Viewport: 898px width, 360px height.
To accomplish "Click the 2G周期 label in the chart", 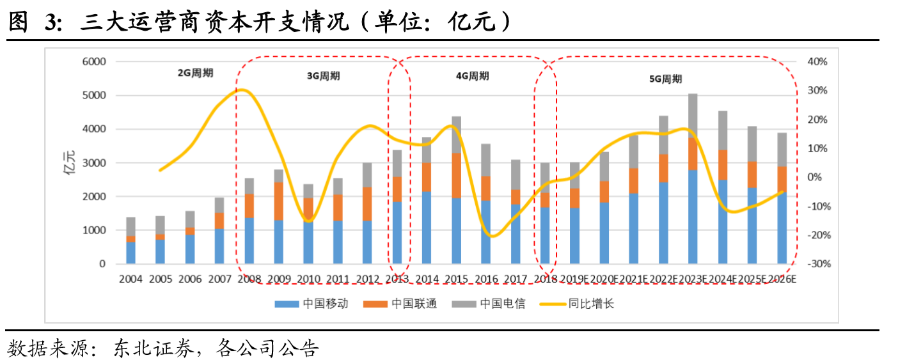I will [x=195, y=73].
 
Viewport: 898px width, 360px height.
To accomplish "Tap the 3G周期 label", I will [x=323, y=76].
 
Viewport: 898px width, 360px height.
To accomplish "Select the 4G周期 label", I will [x=472, y=76].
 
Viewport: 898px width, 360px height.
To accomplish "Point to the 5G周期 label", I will [x=665, y=79].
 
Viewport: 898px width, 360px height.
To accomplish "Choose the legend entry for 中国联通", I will [x=414, y=304].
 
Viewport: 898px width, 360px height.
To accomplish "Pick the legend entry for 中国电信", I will [x=502, y=304].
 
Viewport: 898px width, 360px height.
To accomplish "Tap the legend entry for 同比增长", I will [x=590, y=304].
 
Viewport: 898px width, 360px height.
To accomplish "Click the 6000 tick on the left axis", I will [x=93, y=62].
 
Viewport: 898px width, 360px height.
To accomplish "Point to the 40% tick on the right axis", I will [x=817, y=62].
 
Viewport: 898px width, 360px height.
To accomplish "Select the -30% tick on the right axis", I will [x=816, y=264].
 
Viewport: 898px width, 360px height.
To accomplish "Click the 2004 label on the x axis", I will [x=130, y=279].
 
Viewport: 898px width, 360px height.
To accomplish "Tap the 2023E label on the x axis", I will [x=693, y=279].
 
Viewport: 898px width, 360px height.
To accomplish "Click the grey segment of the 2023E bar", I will [x=693, y=115].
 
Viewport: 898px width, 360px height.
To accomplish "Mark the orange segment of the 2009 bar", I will [x=278, y=201].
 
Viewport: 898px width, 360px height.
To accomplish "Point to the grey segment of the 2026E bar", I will [x=782, y=150].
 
